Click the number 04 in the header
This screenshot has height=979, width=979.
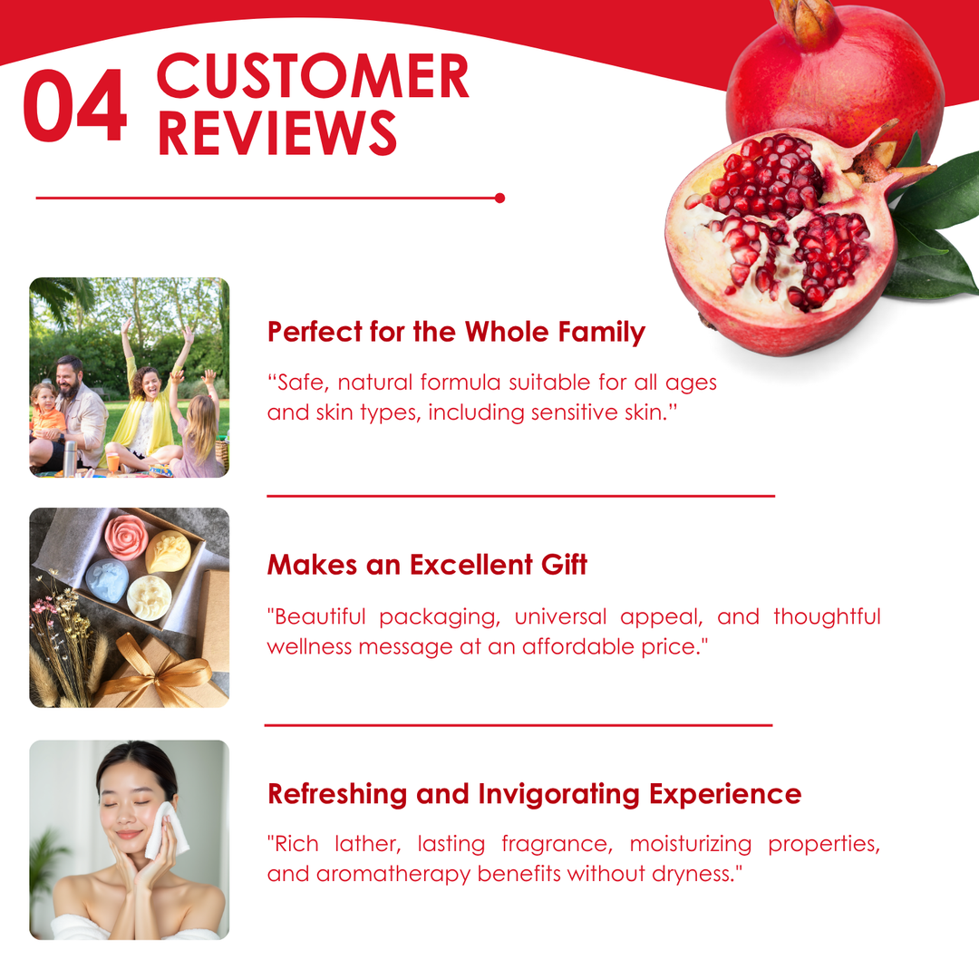click(x=75, y=105)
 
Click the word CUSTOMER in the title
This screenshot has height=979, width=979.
click(x=313, y=75)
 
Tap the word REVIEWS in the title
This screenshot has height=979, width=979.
click(x=277, y=132)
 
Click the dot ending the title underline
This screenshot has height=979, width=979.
click(x=499, y=198)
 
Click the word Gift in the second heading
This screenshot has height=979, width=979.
click(x=564, y=564)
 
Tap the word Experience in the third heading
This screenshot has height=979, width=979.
click(x=725, y=795)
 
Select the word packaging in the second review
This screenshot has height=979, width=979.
click(x=440, y=617)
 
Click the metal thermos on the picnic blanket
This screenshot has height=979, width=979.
click(x=69, y=459)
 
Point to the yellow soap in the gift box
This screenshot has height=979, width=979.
click(x=169, y=551)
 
